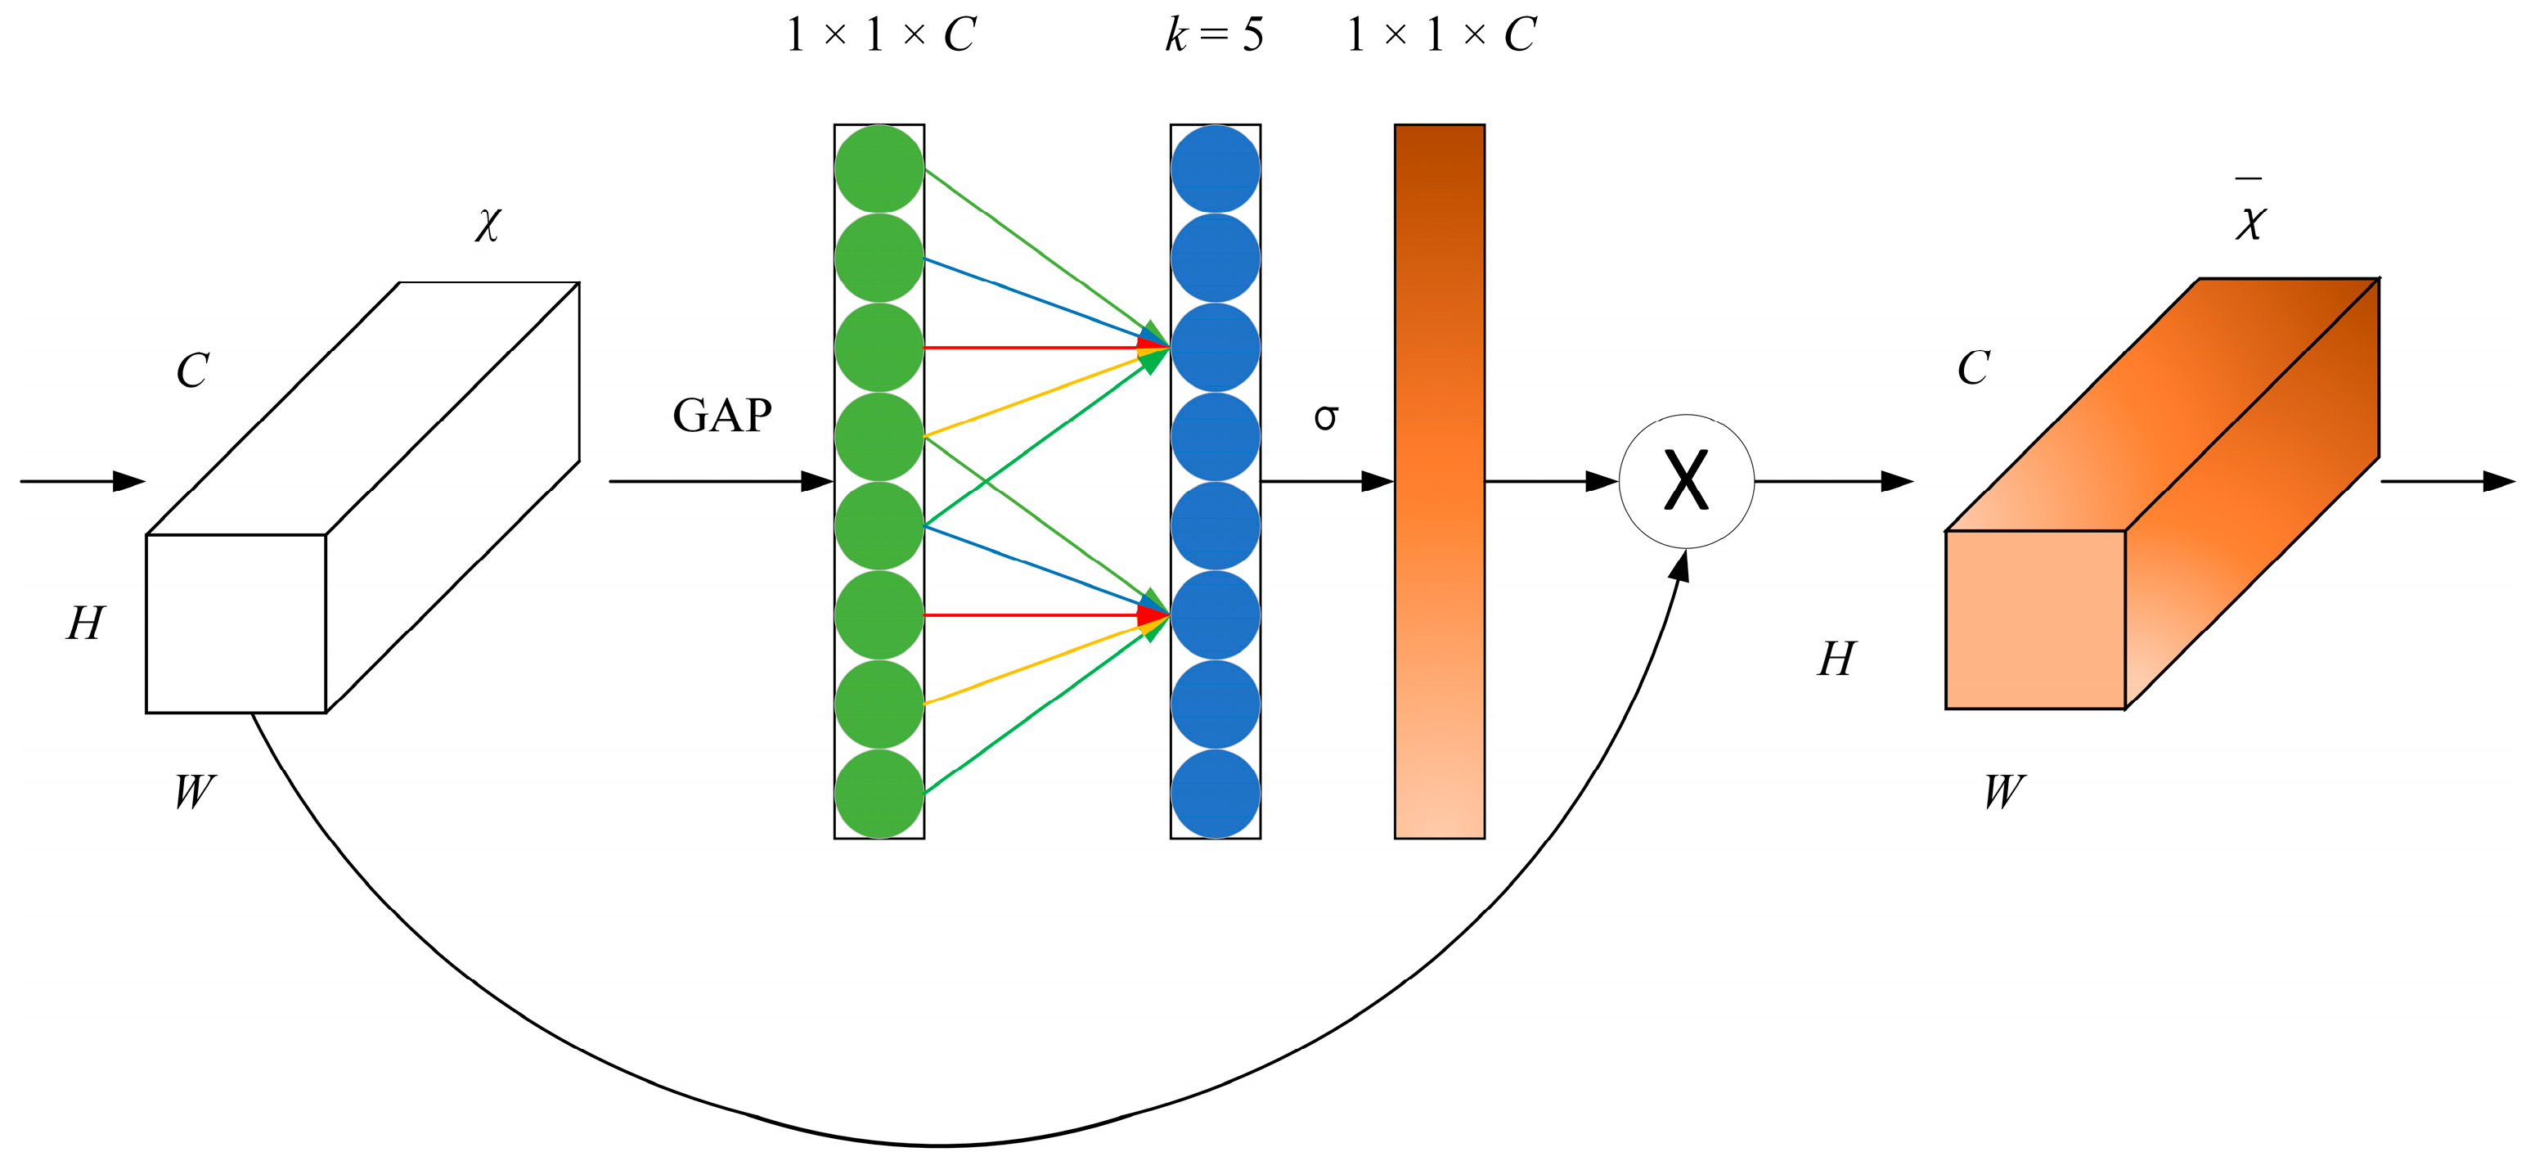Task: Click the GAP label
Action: (x=721, y=416)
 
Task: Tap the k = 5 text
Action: (x=1214, y=35)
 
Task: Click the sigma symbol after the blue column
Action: (x=1326, y=418)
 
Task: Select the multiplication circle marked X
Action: (x=1686, y=480)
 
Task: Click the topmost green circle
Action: (x=879, y=169)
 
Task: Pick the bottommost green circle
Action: (x=879, y=794)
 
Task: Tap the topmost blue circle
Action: (x=1215, y=169)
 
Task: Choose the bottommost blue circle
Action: (x=1215, y=794)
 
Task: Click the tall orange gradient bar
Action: (x=1439, y=480)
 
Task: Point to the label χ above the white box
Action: (x=488, y=224)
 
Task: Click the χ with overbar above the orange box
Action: (x=2250, y=218)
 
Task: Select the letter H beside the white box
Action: (x=85, y=623)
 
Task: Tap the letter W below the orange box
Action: (x=2003, y=791)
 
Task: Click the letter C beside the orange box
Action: (x=1974, y=369)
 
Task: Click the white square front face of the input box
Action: (x=236, y=623)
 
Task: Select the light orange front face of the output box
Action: (x=2034, y=619)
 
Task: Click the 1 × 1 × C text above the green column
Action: (x=879, y=35)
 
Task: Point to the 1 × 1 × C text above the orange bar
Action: (x=1441, y=35)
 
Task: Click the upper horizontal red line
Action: (x=1030, y=347)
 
